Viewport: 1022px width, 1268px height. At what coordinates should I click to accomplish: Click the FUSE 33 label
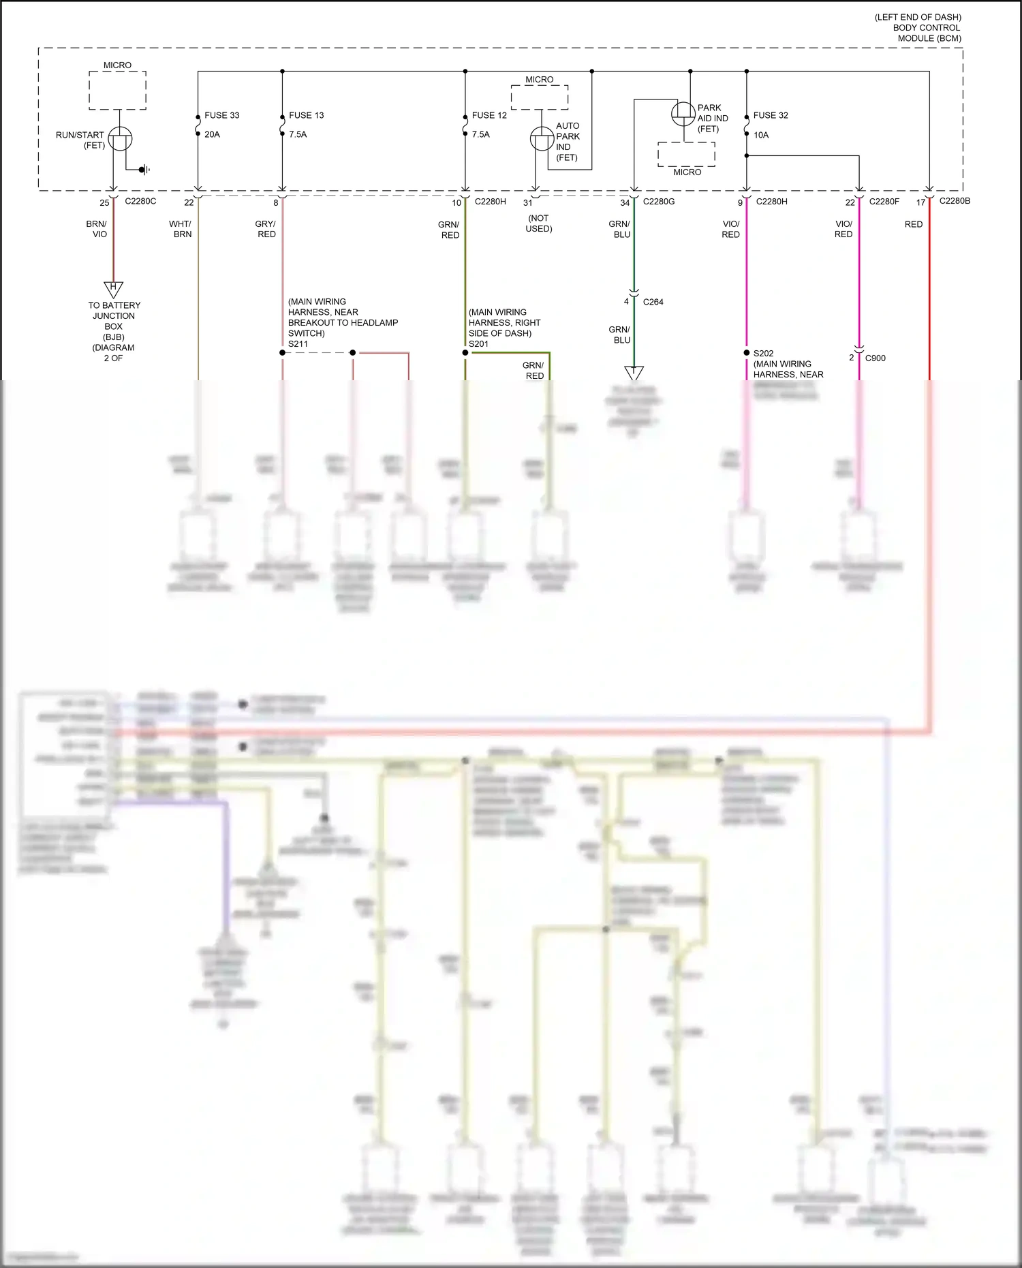click(221, 115)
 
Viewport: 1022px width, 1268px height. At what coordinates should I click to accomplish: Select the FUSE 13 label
click(306, 115)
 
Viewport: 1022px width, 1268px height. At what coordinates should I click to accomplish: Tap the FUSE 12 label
click(489, 115)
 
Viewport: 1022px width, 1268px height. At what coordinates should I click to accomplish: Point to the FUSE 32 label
click(771, 115)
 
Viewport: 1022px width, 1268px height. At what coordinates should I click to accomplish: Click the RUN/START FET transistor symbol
click(120, 140)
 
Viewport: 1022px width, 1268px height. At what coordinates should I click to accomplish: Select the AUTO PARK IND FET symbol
click(542, 139)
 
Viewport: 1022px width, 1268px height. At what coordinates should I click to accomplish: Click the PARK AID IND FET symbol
click(683, 113)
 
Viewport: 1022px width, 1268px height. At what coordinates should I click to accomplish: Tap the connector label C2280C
click(140, 201)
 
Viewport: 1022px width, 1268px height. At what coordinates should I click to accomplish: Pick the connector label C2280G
click(659, 201)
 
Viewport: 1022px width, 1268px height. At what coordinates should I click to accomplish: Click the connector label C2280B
click(955, 200)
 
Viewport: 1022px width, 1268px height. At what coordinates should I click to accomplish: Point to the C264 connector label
click(653, 302)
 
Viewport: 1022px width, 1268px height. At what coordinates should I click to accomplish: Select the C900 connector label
click(875, 358)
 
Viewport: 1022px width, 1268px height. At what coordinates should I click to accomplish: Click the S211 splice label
click(298, 344)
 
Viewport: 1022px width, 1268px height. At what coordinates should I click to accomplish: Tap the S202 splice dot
click(747, 353)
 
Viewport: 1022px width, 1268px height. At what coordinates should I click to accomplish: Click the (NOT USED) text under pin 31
click(538, 223)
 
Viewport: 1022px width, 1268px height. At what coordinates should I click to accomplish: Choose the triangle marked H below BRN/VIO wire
click(113, 288)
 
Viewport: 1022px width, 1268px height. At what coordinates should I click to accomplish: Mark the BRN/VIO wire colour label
click(97, 229)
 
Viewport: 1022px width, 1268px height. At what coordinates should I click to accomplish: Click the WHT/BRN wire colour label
click(181, 229)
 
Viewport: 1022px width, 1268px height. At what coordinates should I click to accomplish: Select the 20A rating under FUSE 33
click(212, 134)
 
